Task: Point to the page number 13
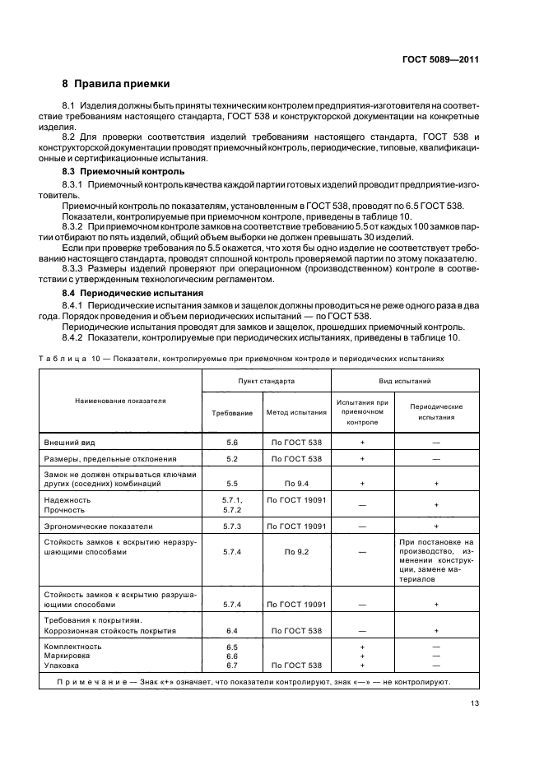point(475,703)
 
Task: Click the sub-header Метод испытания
point(296,412)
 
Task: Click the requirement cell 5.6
point(231,443)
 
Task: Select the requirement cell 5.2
point(231,459)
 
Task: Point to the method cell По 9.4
point(296,484)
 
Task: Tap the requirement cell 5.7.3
point(231,526)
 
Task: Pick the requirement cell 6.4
point(231,630)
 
